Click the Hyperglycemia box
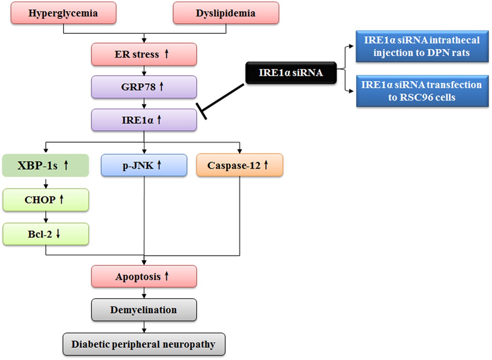(x=63, y=13)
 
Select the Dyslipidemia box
(x=226, y=13)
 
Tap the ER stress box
(x=144, y=54)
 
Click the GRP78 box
(x=144, y=87)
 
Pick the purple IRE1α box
(x=144, y=120)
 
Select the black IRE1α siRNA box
(x=291, y=72)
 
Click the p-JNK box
(x=144, y=165)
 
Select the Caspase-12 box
(x=239, y=165)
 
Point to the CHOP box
(x=45, y=200)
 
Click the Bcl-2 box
(x=45, y=234)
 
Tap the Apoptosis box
(x=144, y=276)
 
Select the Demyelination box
(x=144, y=310)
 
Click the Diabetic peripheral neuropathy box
(x=144, y=344)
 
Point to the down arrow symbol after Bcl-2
(x=58, y=234)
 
